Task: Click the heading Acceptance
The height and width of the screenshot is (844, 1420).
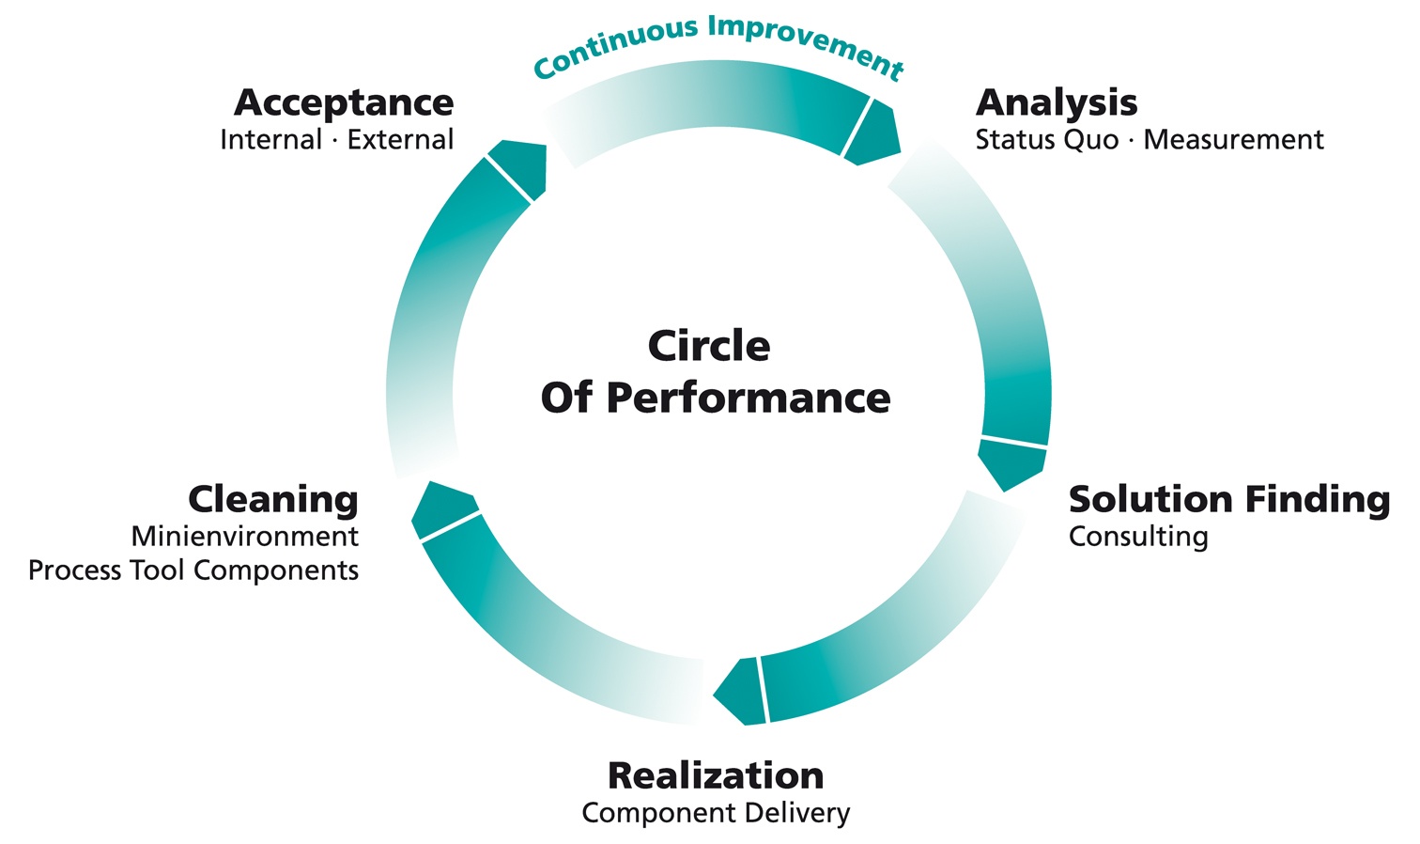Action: coord(344,102)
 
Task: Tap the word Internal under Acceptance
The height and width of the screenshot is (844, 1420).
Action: coord(270,140)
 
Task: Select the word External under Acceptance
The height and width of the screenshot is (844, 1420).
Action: coord(400,140)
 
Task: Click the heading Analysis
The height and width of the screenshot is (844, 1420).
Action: coord(1057,102)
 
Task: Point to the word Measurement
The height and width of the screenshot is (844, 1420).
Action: coord(1233,140)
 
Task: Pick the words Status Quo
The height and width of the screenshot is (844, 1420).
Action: coord(1046,140)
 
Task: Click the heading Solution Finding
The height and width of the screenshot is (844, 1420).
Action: coord(1228,499)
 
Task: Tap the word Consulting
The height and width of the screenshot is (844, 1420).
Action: coord(1138,537)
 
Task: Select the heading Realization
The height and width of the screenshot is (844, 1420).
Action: coord(716,775)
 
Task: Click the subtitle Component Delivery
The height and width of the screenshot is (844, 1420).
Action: coord(716,813)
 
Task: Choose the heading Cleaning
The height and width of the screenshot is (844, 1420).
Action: coord(273,499)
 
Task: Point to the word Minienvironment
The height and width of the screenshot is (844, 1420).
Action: coord(245,537)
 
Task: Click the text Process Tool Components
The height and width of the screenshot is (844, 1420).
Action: coord(193,570)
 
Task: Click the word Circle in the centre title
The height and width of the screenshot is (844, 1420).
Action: coord(709,346)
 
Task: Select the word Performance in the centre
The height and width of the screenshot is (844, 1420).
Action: coord(748,398)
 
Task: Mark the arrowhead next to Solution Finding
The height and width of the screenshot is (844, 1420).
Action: coord(1011,462)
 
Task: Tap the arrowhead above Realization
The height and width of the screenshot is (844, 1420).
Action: coord(742,692)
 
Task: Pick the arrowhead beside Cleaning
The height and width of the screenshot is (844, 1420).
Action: coord(441,508)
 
